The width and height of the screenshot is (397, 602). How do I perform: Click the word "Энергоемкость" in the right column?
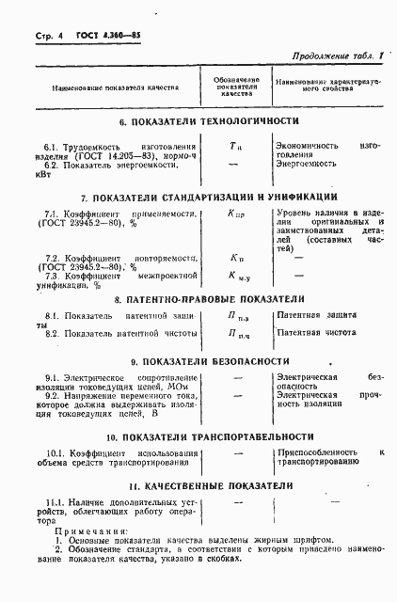(305, 164)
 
